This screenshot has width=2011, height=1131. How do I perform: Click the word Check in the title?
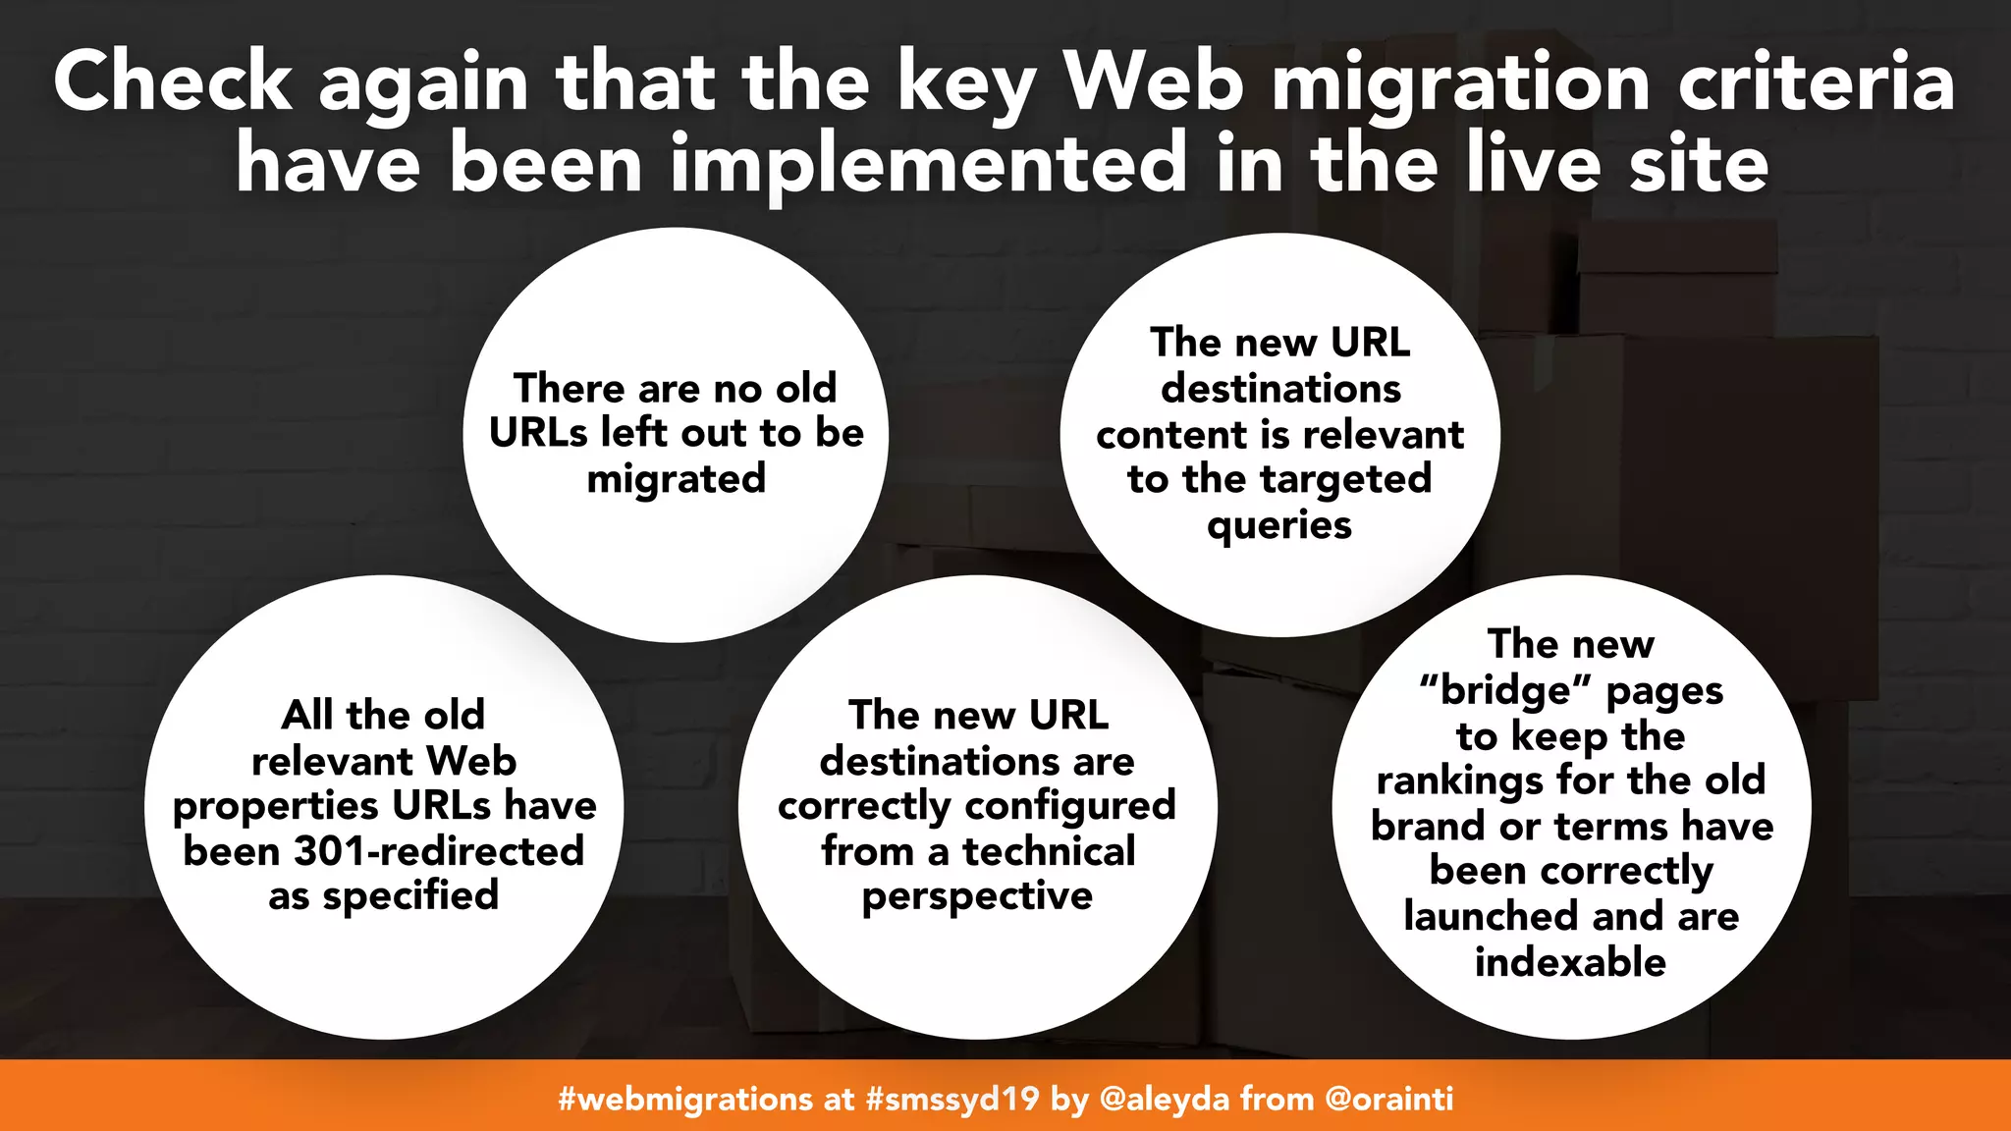(173, 82)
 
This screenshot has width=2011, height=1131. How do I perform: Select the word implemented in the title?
(929, 164)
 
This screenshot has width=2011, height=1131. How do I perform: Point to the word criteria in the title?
(1817, 82)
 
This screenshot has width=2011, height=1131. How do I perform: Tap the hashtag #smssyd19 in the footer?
(951, 1098)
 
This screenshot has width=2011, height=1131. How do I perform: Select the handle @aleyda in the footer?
(1164, 1098)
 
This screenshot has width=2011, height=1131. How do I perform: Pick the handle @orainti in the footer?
(1388, 1098)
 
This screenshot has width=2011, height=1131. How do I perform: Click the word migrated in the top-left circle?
(676, 479)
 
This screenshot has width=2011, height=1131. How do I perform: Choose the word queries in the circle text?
(1279, 525)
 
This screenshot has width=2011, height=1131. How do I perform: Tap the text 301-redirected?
(439, 850)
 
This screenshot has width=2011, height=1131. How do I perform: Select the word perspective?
(977, 896)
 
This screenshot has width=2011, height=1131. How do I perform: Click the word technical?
(1049, 850)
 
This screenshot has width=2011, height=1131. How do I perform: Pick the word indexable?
(1570, 962)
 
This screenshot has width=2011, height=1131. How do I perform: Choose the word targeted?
(1346, 479)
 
